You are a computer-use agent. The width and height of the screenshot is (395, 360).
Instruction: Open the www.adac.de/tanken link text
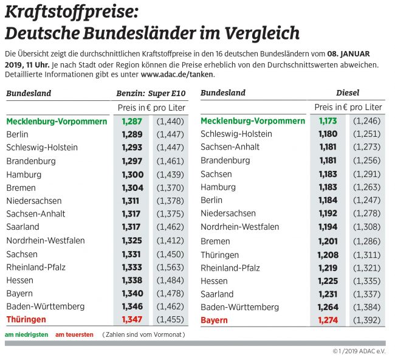[177, 74]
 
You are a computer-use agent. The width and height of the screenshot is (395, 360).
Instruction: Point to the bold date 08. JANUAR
[348, 54]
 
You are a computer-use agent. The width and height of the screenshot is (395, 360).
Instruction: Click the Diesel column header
[348, 93]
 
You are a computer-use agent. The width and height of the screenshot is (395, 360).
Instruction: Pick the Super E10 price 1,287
[132, 121]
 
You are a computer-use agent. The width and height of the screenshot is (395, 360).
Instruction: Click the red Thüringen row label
[26, 319]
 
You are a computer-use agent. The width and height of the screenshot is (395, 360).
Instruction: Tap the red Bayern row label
[214, 320]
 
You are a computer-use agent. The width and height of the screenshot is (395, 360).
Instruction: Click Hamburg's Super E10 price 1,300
[132, 175]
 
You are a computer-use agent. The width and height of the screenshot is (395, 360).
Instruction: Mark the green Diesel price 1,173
[328, 121]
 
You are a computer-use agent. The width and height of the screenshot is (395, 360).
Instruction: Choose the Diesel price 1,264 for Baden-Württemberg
[328, 306]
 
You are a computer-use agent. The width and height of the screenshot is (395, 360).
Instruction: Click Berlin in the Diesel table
[211, 200]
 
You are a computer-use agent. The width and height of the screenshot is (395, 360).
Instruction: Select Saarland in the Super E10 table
[23, 227]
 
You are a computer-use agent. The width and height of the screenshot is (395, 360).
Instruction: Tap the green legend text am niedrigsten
[26, 334]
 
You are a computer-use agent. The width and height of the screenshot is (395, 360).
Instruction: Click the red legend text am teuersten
[75, 334]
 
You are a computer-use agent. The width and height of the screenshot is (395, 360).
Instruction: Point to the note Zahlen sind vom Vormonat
[143, 334]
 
